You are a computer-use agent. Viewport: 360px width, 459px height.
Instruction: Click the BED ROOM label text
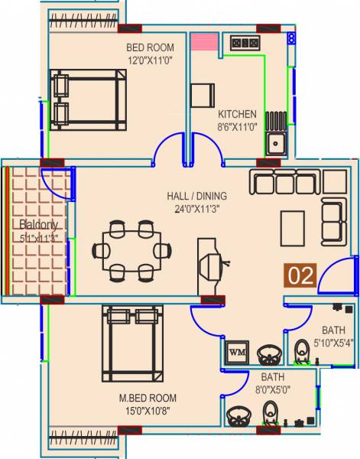pyautogui.click(x=151, y=47)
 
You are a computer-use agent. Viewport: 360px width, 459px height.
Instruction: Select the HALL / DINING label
pyautogui.click(x=196, y=196)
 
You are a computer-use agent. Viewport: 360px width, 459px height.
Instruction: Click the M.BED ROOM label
pyautogui.click(x=148, y=398)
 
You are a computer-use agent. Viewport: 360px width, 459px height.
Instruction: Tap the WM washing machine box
pyautogui.click(x=236, y=352)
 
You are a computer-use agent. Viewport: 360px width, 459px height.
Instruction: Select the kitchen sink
pyautogui.click(x=276, y=142)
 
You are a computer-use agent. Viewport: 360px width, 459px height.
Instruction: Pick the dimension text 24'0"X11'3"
pyautogui.click(x=196, y=207)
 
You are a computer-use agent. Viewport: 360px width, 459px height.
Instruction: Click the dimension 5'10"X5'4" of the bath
pyautogui.click(x=333, y=343)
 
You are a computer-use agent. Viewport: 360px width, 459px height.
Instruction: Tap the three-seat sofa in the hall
pyautogui.click(x=283, y=183)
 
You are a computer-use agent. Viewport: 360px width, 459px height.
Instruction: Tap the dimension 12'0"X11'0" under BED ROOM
pyautogui.click(x=151, y=58)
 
